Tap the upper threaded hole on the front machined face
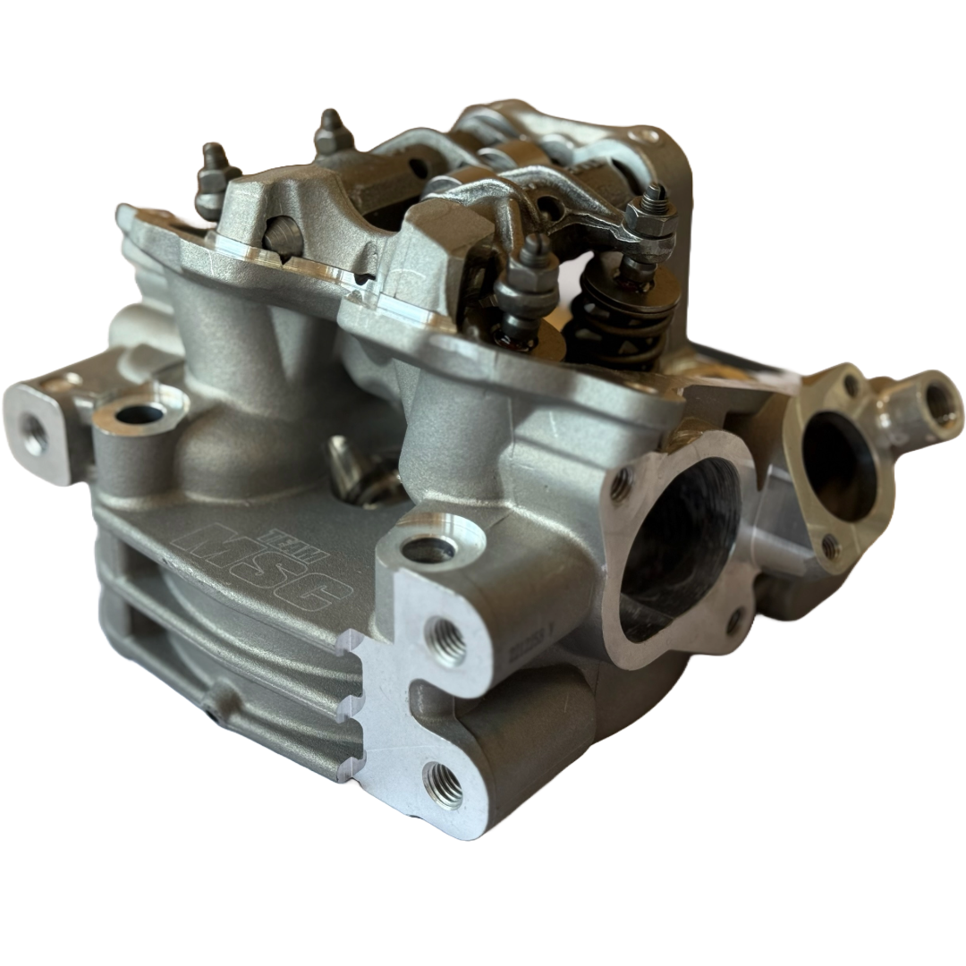click(x=445, y=640)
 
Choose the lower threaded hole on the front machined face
click(x=444, y=784)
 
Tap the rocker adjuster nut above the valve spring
click(x=650, y=219)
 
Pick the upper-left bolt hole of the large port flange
click(x=620, y=486)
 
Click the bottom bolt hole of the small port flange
click(x=831, y=547)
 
